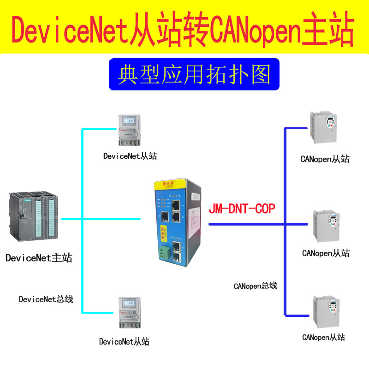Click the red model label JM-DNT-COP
(x=242, y=209)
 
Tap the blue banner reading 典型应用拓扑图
(x=194, y=74)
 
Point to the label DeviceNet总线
(x=46, y=299)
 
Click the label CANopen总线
(x=256, y=286)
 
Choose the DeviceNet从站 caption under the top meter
(x=130, y=156)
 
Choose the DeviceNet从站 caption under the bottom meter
(x=124, y=342)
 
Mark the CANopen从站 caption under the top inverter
(x=325, y=160)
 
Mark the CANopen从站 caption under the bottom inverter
(x=323, y=337)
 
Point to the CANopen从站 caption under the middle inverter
(x=326, y=253)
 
